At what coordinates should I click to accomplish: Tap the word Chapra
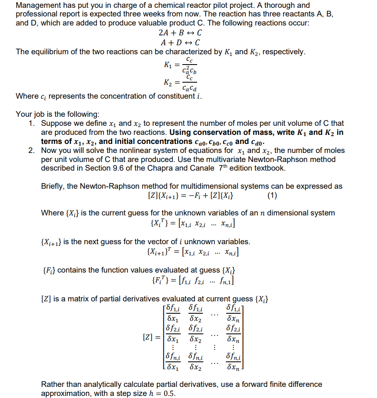coord(175,168)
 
